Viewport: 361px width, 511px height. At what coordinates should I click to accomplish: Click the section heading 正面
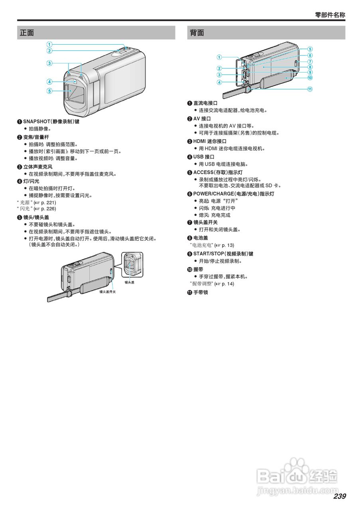(27, 33)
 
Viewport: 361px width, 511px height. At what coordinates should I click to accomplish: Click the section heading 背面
(197, 33)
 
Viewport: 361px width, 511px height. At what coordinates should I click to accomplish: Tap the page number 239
(339, 496)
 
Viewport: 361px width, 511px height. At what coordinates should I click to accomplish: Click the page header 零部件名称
(330, 15)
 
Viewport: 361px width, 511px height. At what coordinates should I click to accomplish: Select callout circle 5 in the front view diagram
(49, 91)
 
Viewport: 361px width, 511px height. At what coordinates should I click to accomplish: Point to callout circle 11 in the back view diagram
(310, 89)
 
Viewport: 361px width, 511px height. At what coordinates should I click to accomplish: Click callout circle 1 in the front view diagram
(49, 44)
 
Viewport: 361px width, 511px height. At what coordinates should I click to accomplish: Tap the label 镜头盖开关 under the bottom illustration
(107, 292)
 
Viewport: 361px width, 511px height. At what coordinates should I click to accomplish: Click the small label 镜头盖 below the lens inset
(129, 282)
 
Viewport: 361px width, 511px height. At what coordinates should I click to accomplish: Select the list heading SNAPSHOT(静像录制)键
(51, 121)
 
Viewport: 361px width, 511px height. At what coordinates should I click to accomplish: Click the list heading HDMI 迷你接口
(210, 141)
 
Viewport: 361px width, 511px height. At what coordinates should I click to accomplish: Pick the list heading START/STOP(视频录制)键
(223, 254)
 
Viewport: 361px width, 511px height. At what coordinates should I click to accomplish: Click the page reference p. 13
(228, 245)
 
